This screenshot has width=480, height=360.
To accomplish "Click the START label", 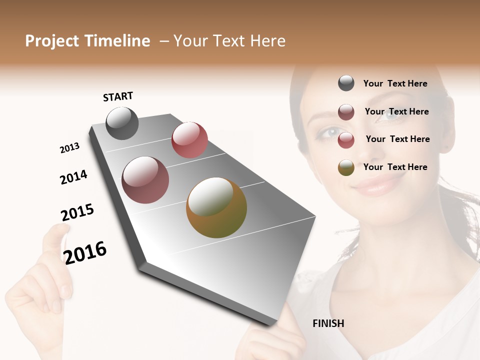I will point(118,96).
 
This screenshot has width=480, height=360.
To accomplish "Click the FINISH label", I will point(328,323).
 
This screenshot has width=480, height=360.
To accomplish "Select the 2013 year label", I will point(69,147).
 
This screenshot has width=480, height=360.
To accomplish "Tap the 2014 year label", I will point(73,177).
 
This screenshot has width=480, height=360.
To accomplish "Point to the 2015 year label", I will point(77,213).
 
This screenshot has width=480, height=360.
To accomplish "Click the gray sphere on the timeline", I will point(122,123).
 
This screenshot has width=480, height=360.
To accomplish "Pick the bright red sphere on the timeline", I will point(189,140).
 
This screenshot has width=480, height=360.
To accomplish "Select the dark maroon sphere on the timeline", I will point(145,180).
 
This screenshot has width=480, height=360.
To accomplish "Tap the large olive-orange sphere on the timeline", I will point(216,207).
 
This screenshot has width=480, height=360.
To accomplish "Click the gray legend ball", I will point(346,83).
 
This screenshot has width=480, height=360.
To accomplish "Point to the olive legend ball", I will point(346,167).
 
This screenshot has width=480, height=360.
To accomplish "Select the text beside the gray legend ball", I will point(395,83).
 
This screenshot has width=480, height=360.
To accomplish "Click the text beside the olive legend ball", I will point(395,167).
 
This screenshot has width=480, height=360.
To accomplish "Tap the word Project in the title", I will point(51,41).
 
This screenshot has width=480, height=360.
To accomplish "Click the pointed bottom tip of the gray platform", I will point(272,324).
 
